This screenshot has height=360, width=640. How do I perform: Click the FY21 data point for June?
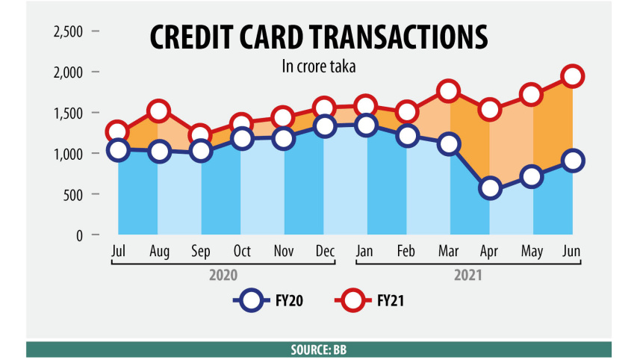coord(573,76)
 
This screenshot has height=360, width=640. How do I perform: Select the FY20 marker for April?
coord(490,188)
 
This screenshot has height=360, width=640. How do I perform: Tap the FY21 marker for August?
coord(158,112)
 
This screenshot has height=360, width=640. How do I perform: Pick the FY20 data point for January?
coord(366,125)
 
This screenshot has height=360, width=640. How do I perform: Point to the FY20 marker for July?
coord(117,150)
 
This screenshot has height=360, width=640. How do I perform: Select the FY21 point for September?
coord(200,137)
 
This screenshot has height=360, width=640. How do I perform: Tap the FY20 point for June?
coord(573,161)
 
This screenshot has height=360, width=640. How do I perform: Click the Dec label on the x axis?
coord(324,252)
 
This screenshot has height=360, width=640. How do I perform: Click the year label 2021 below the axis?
coord(468,275)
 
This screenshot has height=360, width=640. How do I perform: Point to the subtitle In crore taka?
coord(317,66)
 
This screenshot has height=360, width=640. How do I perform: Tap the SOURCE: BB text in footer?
coord(319,350)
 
